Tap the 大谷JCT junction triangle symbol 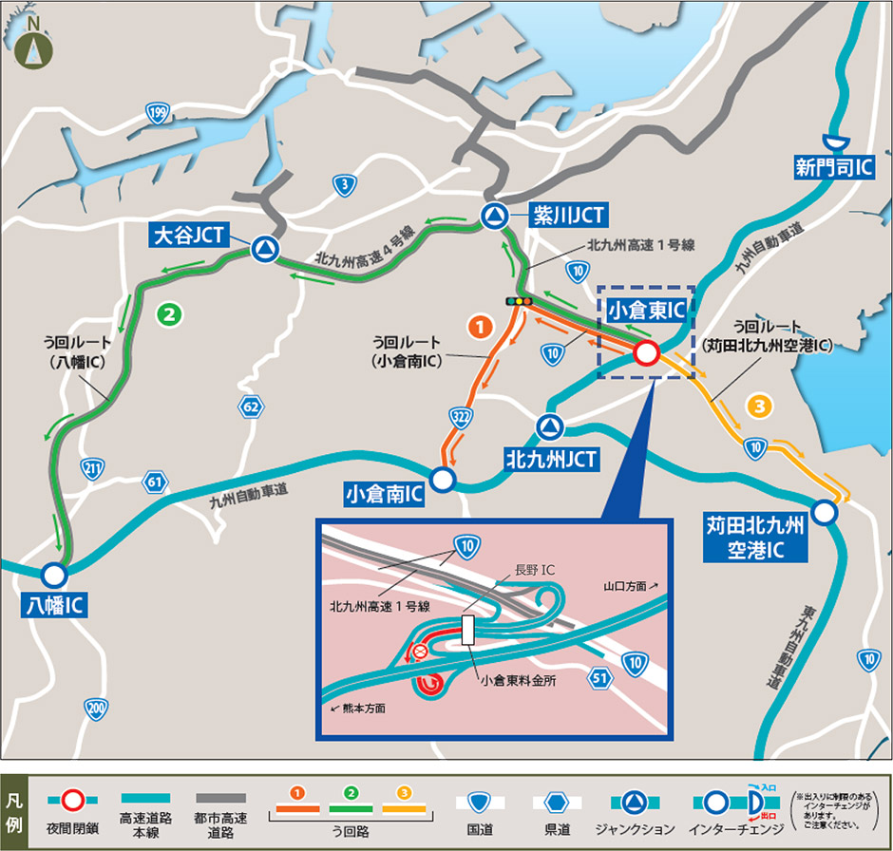click(x=265, y=250)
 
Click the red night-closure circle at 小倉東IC click(x=646, y=353)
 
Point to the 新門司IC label click(x=833, y=168)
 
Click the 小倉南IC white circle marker click(x=443, y=480)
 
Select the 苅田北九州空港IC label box click(x=754, y=536)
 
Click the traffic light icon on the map click(x=519, y=301)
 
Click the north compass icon click(x=34, y=45)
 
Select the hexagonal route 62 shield click(x=251, y=407)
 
